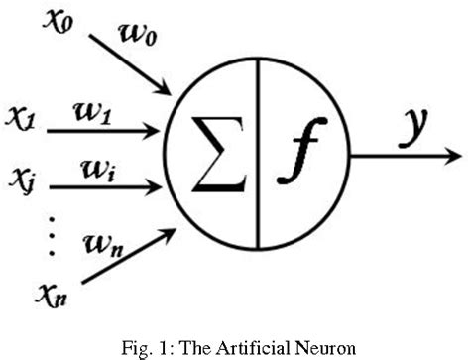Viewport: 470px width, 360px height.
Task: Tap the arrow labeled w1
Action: click(109, 129)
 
